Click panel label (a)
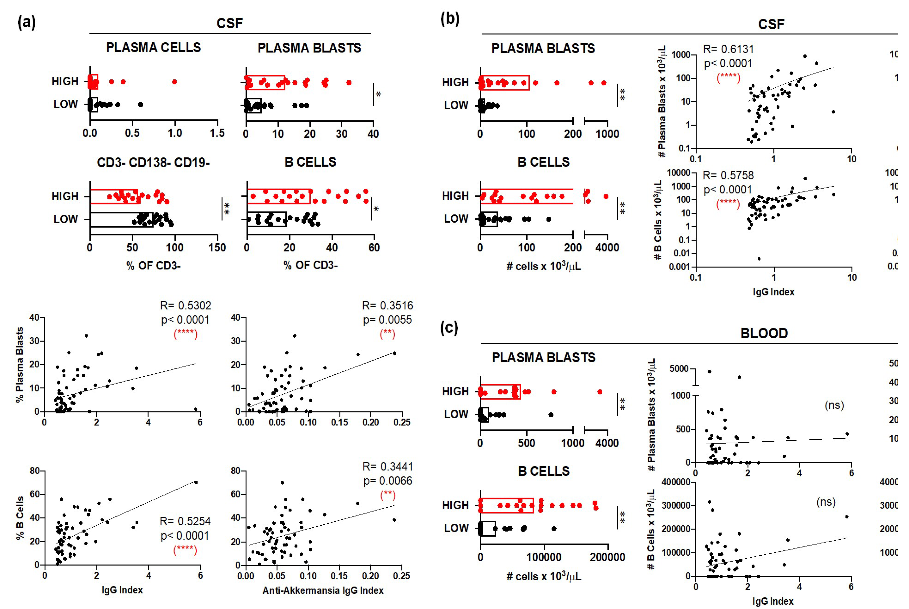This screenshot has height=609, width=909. tap(26, 22)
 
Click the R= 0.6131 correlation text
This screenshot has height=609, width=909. tap(728, 49)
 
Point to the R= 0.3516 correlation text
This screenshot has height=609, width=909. tap(387, 306)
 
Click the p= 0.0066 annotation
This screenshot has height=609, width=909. tap(387, 481)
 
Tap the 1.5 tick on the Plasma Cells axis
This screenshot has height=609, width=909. tap(217, 133)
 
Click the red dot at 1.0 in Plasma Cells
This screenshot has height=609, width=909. tap(175, 82)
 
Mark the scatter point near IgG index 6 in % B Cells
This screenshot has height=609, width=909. tap(196, 482)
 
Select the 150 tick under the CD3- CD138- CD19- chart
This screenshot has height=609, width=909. tap(217, 247)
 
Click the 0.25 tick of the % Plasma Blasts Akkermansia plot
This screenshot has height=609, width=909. tap(401, 422)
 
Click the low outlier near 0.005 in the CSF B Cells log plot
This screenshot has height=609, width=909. tap(759, 259)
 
